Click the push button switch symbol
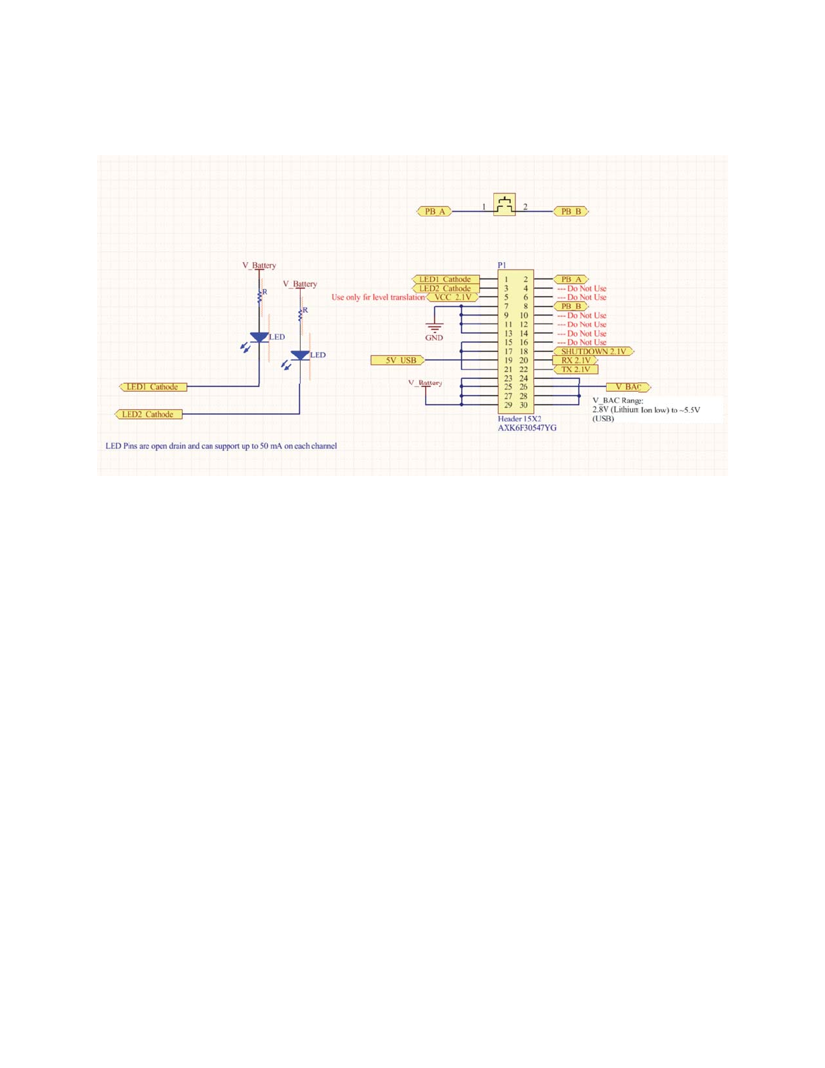pos(504,205)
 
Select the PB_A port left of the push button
pos(434,212)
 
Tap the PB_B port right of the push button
pos(571,212)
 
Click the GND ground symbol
pos(435,328)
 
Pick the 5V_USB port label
pos(398,361)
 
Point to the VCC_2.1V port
pos(453,297)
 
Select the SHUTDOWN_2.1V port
pos(593,351)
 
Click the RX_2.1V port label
pos(575,361)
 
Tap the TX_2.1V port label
pos(575,369)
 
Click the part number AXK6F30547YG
pos(527,428)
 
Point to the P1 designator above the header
pos(502,266)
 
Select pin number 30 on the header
pos(524,405)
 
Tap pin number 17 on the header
pos(508,351)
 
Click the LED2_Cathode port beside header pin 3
pos(446,289)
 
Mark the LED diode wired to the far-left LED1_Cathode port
pos(259,337)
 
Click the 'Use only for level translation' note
pos(378,297)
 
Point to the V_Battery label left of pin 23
pos(425,383)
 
